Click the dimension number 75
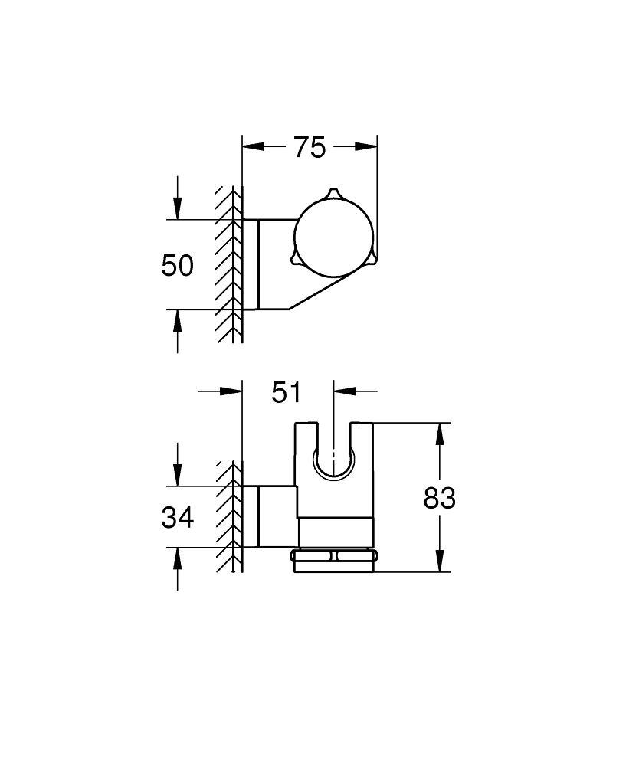pos(310,147)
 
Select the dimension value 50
pos(177,266)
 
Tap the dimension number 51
pos(287,392)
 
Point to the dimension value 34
pos(177,518)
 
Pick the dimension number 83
pos(439,499)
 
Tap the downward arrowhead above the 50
pos(177,208)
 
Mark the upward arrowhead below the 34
pos(177,559)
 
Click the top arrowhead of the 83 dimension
pos(439,434)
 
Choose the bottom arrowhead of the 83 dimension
pos(439,561)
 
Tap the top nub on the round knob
pos(332,192)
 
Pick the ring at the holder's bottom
pos(333,561)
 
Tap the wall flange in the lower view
pos(251,516)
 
